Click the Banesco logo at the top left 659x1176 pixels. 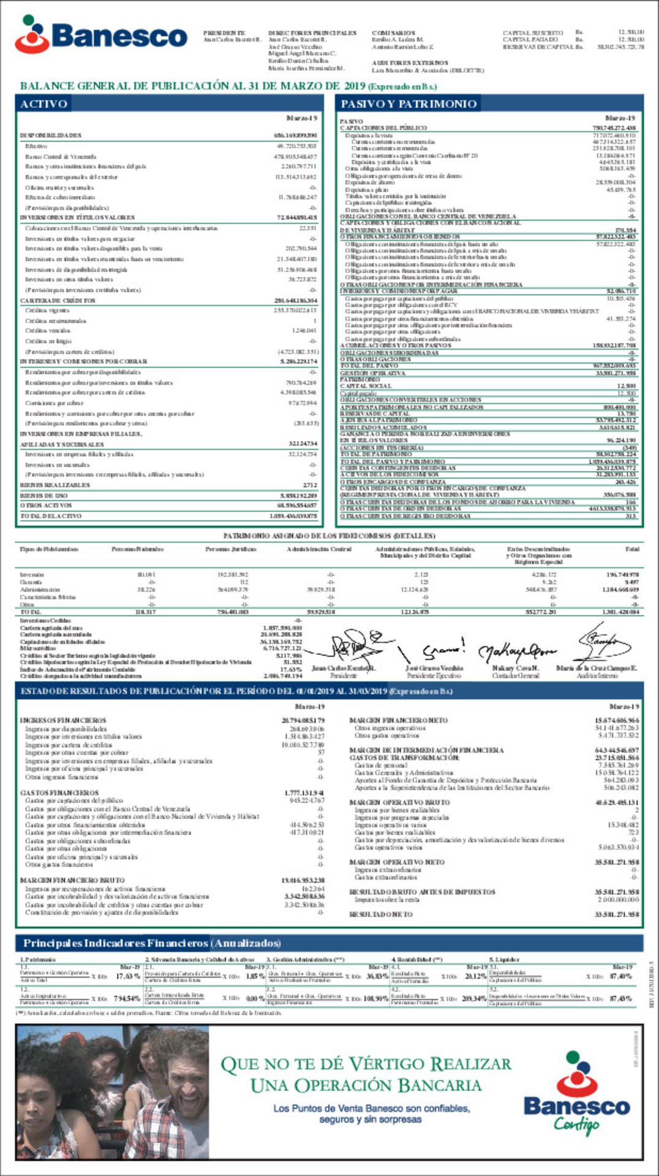coord(101,36)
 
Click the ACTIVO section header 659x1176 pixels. coord(43,104)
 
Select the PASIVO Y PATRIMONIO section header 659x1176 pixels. coord(408,104)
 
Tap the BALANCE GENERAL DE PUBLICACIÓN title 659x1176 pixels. coord(192,86)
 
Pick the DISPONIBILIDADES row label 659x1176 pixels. coord(50,135)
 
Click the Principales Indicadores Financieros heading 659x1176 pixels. coord(151,943)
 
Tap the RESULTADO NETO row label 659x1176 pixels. coord(381,914)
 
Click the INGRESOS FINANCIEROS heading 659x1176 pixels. coord(62,721)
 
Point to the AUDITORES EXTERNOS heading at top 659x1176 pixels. coord(410,63)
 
